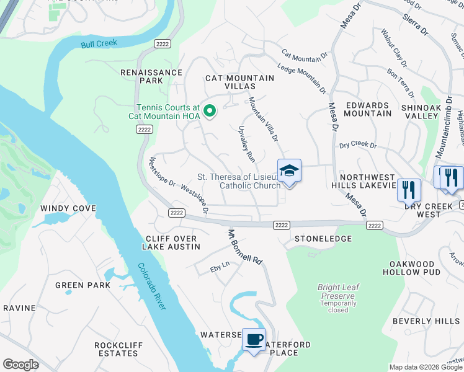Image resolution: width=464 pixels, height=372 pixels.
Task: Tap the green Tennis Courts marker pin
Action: click(210, 112)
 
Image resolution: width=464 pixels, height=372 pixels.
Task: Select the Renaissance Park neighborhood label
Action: click(152, 76)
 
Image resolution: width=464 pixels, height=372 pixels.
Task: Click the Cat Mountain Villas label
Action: click(239, 82)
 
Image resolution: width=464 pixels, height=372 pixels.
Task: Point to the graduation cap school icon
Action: click(289, 170)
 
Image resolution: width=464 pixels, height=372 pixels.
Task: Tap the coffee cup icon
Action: click(253, 339)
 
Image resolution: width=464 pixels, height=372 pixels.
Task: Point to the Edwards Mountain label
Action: click(368, 109)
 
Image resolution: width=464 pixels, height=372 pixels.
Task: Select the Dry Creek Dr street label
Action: click(357, 145)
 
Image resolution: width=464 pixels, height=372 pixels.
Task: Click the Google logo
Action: click(20, 365)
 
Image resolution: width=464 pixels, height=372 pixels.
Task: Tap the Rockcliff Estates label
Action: click(116, 349)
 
